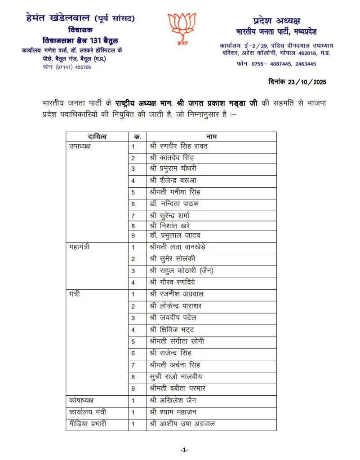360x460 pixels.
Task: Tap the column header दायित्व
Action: click(x=97, y=136)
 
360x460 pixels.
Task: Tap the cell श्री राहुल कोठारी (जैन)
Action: click(x=181, y=270)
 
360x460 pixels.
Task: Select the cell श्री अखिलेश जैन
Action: click(x=173, y=400)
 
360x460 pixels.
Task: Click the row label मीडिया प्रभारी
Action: click(x=88, y=424)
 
